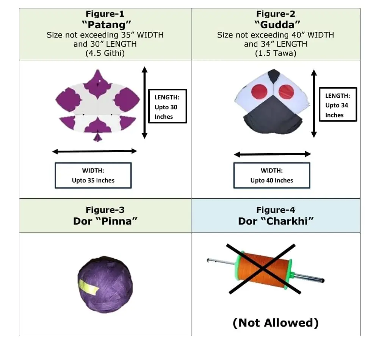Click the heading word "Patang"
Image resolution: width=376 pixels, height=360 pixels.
pyautogui.click(x=105, y=25)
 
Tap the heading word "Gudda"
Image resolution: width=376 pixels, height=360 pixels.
pyautogui.click(x=276, y=25)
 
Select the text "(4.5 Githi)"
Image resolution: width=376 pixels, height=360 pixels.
pyautogui.click(x=105, y=53)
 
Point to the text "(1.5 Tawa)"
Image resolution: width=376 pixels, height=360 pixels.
pyautogui.click(x=276, y=53)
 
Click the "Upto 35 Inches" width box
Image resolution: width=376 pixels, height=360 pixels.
pyautogui.click(x=93, y=175)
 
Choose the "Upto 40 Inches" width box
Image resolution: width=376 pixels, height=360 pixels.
pyautogui.click(x=272, y=175)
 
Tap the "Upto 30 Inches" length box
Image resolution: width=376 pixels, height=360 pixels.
pyautogui.click(x=168, y=106)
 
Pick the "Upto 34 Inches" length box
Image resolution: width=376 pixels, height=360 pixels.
pyautogui.click(x=338, y=105)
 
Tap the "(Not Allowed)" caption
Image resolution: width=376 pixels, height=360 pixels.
pyautogui.click(x=276, y=322)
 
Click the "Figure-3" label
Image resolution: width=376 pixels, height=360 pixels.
pyautogui.click(x=105, y=210)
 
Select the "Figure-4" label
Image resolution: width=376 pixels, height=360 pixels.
pyautogui.click(x=276, y=210)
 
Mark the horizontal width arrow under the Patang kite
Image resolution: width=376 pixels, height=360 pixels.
pyautogui.click(x=94, y=151)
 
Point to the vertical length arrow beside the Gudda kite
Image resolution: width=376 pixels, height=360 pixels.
pyautogui.click(x=313, y=103)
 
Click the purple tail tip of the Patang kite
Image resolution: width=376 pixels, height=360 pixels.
pyautogui.click(x=98, y=137)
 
